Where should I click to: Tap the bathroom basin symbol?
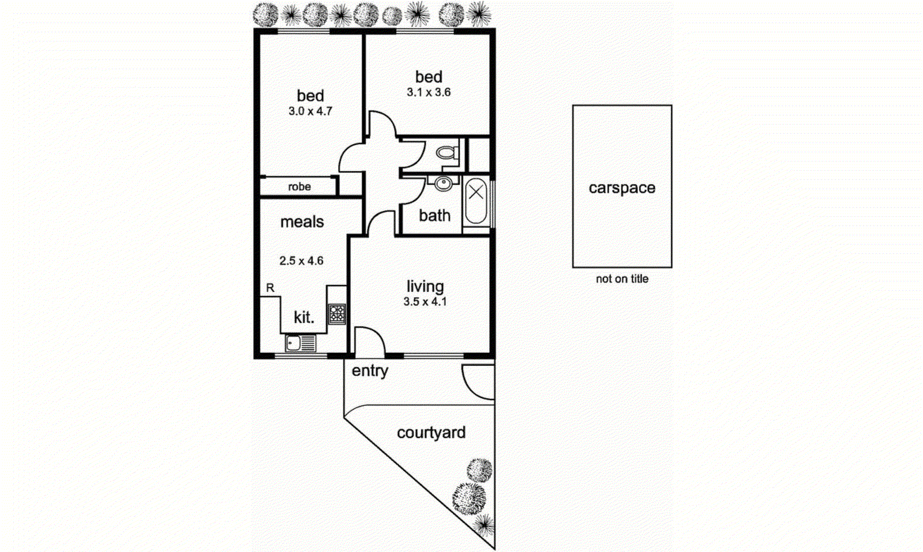pos(443,184)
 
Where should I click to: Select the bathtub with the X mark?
pos(476,202)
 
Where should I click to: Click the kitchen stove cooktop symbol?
pos(337,314)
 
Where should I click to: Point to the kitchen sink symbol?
pos(301,343)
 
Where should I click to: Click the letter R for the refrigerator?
pos(270,287)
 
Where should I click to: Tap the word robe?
pos(299,187)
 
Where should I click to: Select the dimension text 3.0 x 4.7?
pos(310,111)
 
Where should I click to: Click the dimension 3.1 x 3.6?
pos(429,92)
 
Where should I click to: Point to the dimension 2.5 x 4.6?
pos(301,261)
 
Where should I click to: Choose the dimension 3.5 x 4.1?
pos(425,302)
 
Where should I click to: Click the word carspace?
pos(622,188)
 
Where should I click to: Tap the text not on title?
pos(622,279)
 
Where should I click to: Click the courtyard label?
pos(431,433)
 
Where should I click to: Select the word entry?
pos(370,371)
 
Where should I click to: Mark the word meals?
pos(302,222)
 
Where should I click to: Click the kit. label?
pos(304,317)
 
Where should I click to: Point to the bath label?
pos(434,216)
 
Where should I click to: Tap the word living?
pos(425,287)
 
